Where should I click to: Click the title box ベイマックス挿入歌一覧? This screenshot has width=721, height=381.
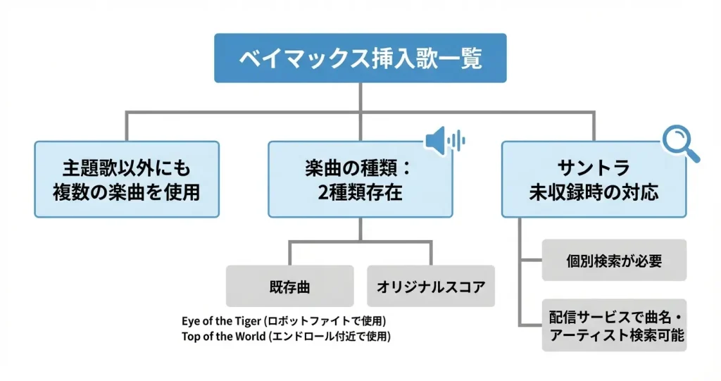360,58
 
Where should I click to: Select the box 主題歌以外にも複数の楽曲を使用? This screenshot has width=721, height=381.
127,180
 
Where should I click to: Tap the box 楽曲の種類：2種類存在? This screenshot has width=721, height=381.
360,180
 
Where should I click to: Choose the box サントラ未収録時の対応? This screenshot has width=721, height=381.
594,180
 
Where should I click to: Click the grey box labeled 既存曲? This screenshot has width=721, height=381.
289,286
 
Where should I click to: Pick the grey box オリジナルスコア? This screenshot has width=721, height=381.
431,286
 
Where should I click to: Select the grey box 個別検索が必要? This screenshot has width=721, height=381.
614,260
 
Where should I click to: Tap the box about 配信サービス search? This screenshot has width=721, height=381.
614,325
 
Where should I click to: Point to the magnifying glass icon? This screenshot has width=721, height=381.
681,143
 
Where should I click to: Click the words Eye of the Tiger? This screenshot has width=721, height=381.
221,320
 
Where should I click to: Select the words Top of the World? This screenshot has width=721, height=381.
223,337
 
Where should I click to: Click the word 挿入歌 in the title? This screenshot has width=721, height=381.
404,58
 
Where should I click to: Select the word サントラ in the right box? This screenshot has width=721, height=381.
594,168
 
